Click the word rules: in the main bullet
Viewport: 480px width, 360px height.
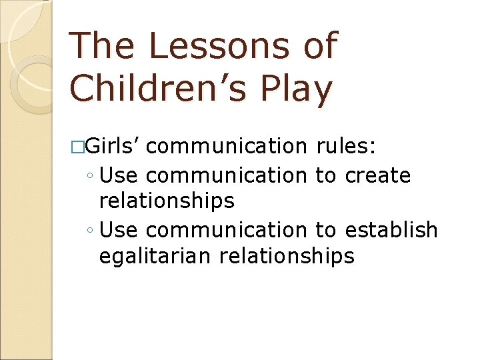point(351,145)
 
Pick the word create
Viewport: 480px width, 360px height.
point(378,176)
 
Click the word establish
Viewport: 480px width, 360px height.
point(391,230)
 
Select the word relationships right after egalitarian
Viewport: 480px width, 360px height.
point(289,256)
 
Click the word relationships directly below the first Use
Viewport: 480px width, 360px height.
point(167,200)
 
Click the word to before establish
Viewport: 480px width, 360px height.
point(326,230)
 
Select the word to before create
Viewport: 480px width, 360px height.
point(326,176)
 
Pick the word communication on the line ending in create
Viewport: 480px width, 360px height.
point(225,176)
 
